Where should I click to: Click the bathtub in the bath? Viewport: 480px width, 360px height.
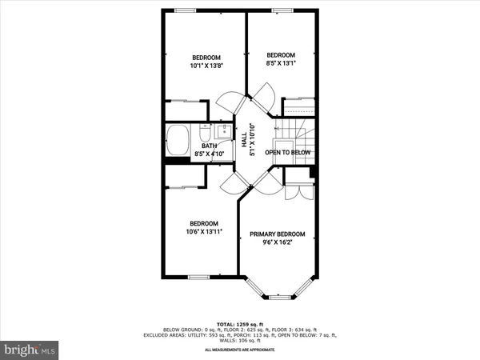pyautogui.click(x=178, y=142)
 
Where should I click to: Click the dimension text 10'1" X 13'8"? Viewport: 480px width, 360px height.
pyautogui.click(x=205, y=66)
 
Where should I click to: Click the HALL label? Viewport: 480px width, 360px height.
pyautogui.click(x=244, y=138)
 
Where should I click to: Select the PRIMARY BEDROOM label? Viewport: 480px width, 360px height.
pyautogui.click(x=278, y=234)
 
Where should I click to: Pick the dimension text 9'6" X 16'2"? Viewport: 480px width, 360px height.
pyautogui.click(x=278, y=244)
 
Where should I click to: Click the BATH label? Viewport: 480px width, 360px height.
pyautogui.click(x=209, y=146)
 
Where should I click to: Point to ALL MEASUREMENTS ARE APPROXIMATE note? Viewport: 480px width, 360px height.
pyautogui.click(x=240, y=350)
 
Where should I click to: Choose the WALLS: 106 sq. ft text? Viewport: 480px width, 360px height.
pyautogui.click(x=240, y=340)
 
